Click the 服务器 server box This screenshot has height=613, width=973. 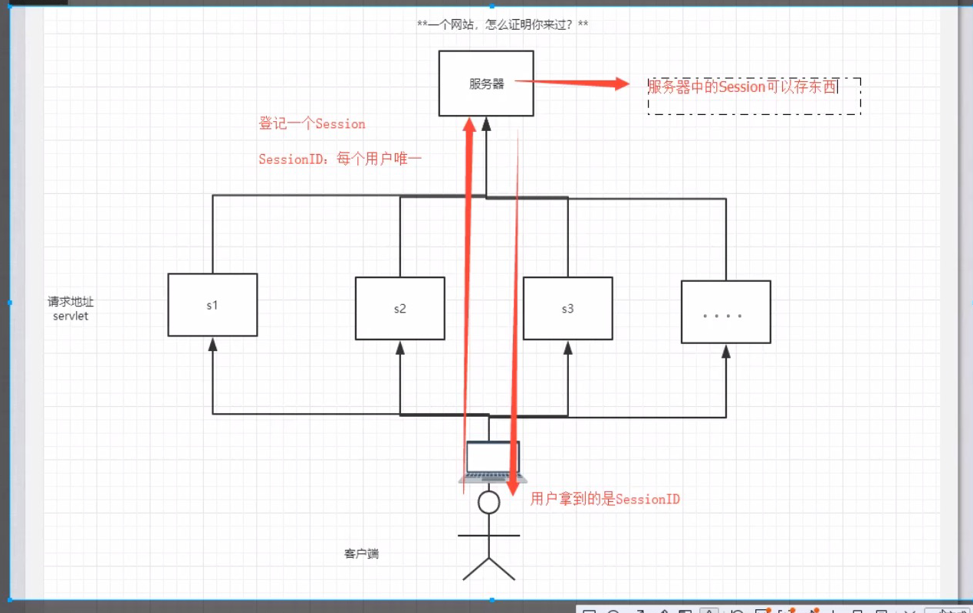pyautogui.click(x=486, y=84)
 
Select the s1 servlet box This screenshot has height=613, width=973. pyautogui.click(x=212, y=305)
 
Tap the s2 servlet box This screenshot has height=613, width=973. pyautogui.click(x=399, y=309)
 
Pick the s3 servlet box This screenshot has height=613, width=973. pyautogui.click(x=567, y=309)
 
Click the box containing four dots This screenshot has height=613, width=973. pyautogui.click(x=725, y=312)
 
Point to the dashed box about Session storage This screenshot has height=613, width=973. pyautogui.click(x=754, y=96)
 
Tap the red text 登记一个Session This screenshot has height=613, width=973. pyautogui.click(x=312, y=124)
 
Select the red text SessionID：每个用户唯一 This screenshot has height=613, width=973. pyautogui.click(x=340, y=159)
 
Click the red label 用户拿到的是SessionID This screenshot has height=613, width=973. pyautogui.click(x=605, y=499)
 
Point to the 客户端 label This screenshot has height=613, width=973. pyautogui.click(x=361, y=553)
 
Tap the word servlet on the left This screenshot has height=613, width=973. pyautogui.click(x=71, y=316)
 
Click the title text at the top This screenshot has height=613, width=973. pyautogui.click(x=502, y=25)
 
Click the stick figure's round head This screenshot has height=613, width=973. pyautogui.click(x=488, y=503)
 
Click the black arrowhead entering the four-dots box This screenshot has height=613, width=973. pyautogui.click(x=725, y=351)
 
